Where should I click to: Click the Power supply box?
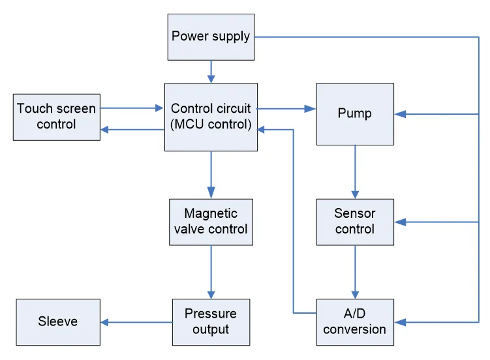click(x=211, y=36)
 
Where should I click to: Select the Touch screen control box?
click(x=57, y=116)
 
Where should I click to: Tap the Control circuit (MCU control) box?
click(x=211, y=117)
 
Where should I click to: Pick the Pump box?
click(x=355, y=113)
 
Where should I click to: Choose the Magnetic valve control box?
click(x=211, y=222)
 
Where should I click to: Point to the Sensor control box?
click(x=355, y=222)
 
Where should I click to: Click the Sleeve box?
click(x=58, y=322)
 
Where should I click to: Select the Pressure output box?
click(x=211, y=322)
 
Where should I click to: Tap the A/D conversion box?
click(x=355, y=322)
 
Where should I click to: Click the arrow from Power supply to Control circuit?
click(x=211, y=71)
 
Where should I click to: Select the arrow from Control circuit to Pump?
click(x=286, y=108)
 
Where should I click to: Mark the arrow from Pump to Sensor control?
click(x=355, y=172)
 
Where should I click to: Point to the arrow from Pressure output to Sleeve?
click(x=136, y=322)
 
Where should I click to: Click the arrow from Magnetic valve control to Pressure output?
click(x=211, y=271)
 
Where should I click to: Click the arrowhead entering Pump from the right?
click(x=400, y=114)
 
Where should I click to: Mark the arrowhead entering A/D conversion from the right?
click(x=400, y=322)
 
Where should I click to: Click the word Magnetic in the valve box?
click(x=211, y=213)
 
